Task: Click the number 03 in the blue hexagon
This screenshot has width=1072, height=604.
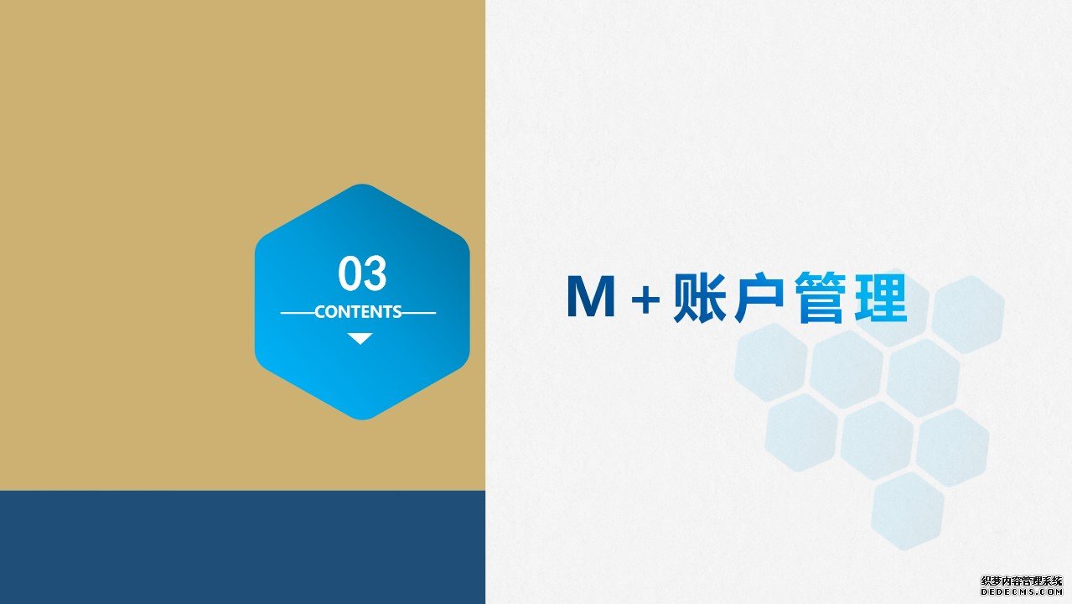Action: click(x=362, y=273)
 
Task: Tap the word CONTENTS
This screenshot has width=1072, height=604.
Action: click(x=358, y=312)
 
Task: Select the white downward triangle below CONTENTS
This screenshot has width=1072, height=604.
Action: click(x=360, y=339)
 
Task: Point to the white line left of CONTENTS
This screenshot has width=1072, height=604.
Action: click(x=298, y=313)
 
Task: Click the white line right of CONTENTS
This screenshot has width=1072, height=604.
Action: click(x=419, y=313)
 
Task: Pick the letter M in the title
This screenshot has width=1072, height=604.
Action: click(x=591, y=296)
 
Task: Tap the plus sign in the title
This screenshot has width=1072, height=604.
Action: click(x=645, y=299)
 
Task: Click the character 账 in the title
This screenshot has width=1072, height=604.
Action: click(x=700, y=298)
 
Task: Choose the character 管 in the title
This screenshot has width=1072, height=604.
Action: click(x=820, y=298)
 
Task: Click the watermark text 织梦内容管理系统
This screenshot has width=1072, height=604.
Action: click(x=1021, y=581)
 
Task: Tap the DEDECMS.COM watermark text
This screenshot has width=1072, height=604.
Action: click(x=1021, y=592)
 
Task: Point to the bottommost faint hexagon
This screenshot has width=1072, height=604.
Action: click(x=908, y=511)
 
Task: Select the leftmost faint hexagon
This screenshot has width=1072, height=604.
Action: click(x=770, y=362)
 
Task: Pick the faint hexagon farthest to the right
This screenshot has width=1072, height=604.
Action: click(x=968, y=315)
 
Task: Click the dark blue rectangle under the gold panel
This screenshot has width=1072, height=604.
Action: click(x=242, y=547)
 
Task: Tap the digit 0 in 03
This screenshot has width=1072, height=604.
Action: click(x=350, y=273)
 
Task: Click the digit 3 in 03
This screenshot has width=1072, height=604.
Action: click(x=375, y=273)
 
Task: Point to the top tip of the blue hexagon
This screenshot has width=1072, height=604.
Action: click(x=362, y=185)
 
